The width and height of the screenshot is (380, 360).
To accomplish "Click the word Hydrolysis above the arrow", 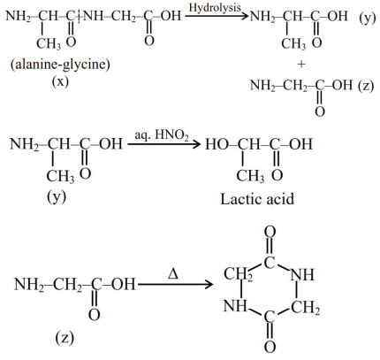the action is point(215,8).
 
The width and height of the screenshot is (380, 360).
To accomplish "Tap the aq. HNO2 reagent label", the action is point(162,136).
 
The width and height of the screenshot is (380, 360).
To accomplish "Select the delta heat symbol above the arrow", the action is point(173,275).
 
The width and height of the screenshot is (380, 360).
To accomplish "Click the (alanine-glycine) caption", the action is point(60,65).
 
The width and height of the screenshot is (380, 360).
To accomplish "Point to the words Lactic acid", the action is point(257,199).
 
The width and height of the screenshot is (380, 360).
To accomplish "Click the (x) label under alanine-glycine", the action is point(60,80).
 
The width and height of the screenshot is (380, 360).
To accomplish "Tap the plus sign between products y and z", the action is point(301,64).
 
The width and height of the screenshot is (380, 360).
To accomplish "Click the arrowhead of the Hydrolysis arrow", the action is point(245,15).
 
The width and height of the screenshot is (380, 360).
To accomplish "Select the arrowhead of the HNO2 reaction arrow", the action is point(197,144).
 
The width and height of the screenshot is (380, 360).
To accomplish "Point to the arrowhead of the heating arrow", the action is point(209,285).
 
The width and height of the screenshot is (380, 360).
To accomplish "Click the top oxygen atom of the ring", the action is point(270,232).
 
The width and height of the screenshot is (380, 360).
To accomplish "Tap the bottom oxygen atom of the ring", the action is point(270,346).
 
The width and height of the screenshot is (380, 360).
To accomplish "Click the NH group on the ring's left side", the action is point(235,306).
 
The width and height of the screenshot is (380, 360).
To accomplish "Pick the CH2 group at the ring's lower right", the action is point(306,308).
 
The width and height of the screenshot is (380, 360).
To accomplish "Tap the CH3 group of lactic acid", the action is point(250,176).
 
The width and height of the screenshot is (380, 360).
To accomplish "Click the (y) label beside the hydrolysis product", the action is point(368,19).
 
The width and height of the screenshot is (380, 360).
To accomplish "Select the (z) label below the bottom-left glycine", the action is point(65,338).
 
